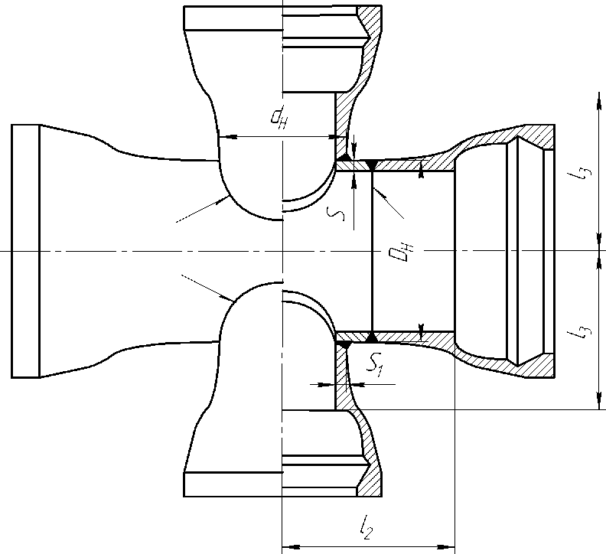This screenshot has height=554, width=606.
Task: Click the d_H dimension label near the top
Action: pos(279,117)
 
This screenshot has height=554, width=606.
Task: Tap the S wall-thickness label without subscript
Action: pos(335,213)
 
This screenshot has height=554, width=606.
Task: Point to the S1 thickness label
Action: pos(375,364)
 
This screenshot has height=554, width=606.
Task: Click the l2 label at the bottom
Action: pos(366,527)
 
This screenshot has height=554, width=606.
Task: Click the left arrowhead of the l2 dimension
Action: pos(292,547)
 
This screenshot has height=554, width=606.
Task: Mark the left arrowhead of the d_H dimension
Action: pos(228,137)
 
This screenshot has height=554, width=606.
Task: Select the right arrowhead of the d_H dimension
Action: pos(330,137)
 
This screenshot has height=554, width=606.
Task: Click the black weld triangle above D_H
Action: pos(372,165)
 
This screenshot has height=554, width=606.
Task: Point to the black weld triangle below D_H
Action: pos(372,337)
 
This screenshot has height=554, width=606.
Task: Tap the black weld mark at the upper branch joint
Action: pos(344,157)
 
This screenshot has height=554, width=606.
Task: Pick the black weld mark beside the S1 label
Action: pos(344,345)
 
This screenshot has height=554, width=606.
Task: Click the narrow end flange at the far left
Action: pos(25,251)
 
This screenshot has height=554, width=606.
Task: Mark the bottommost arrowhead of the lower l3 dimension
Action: pos(599,400)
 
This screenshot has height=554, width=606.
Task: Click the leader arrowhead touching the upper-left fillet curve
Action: pos(223,200)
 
